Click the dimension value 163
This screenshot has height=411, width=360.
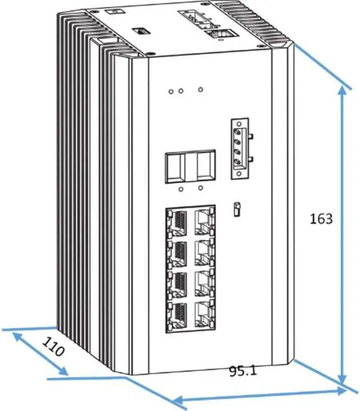click(x=321, y=218)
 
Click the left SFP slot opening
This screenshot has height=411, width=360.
click(x=175, y=167)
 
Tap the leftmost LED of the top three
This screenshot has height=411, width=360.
click(x=170, y=90)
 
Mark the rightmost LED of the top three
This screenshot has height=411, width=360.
click(x=200, y=89)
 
